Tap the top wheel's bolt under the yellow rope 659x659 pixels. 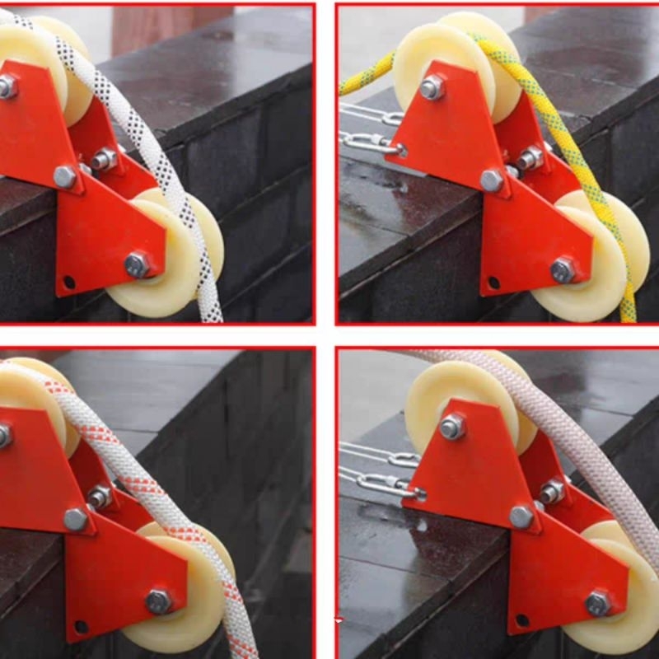pyautogui.click(x=432, y=86)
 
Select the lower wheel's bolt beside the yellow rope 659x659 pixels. pyautogui.click(x=563, y=269)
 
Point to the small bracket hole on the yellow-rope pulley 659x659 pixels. pyautogui.click(x=494, y=283)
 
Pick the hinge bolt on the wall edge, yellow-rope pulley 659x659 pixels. pyautogui.click(x=492, y=180)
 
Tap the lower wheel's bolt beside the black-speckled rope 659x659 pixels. pyautogui.click(x=137, y=264)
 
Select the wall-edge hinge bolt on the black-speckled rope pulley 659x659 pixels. pyautogui.click(x=65, y=176)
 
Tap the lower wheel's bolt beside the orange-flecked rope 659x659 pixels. pyautogui.click(x=158, y=601)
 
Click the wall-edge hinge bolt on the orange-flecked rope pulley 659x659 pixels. pyautogui.click(x=76, y=519)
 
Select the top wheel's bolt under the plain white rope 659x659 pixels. pyautogui.click(x=452, y=426)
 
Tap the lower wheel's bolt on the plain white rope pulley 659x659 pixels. pyautogui.click(x=598, y=604)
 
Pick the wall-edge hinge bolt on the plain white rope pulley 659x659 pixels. pyautogui.click(x=521, y=516)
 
